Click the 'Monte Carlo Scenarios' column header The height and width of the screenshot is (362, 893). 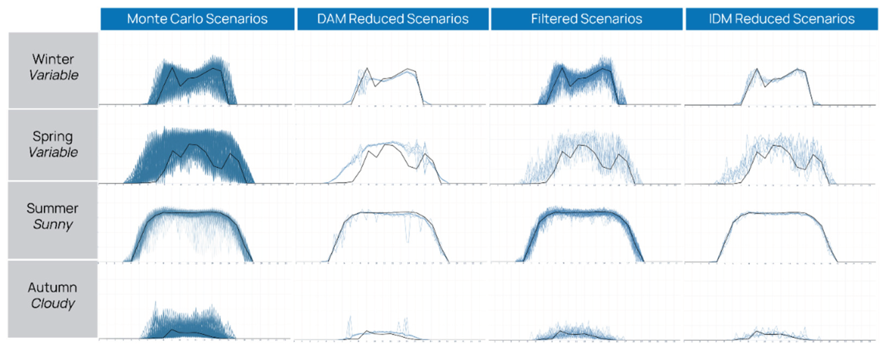pyautogui.click(x=197, y=19)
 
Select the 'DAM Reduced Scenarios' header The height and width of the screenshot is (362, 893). pyautogui.click(x=392, y=19)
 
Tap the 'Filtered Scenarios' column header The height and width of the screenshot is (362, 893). pyautogui.click(x=586, y=19)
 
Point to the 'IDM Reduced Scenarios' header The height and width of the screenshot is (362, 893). pyautogui.click(x=781, y=19)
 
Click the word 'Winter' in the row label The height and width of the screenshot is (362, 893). pyautogui.click(x=53, y=59)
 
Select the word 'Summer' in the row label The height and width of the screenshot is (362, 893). pyautogui.click(x=52, y=209)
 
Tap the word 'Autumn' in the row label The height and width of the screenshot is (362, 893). pyautogui.click(x=52, y=287)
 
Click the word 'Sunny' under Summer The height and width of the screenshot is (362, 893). pyautogui.click(x=53, y=224)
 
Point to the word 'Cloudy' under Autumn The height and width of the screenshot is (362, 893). pyautogui.click(x=53, y=303)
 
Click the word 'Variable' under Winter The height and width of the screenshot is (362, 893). pyautogui.click(x=54, y=75)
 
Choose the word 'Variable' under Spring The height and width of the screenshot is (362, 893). pyautogui.click(x=53, y=152)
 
